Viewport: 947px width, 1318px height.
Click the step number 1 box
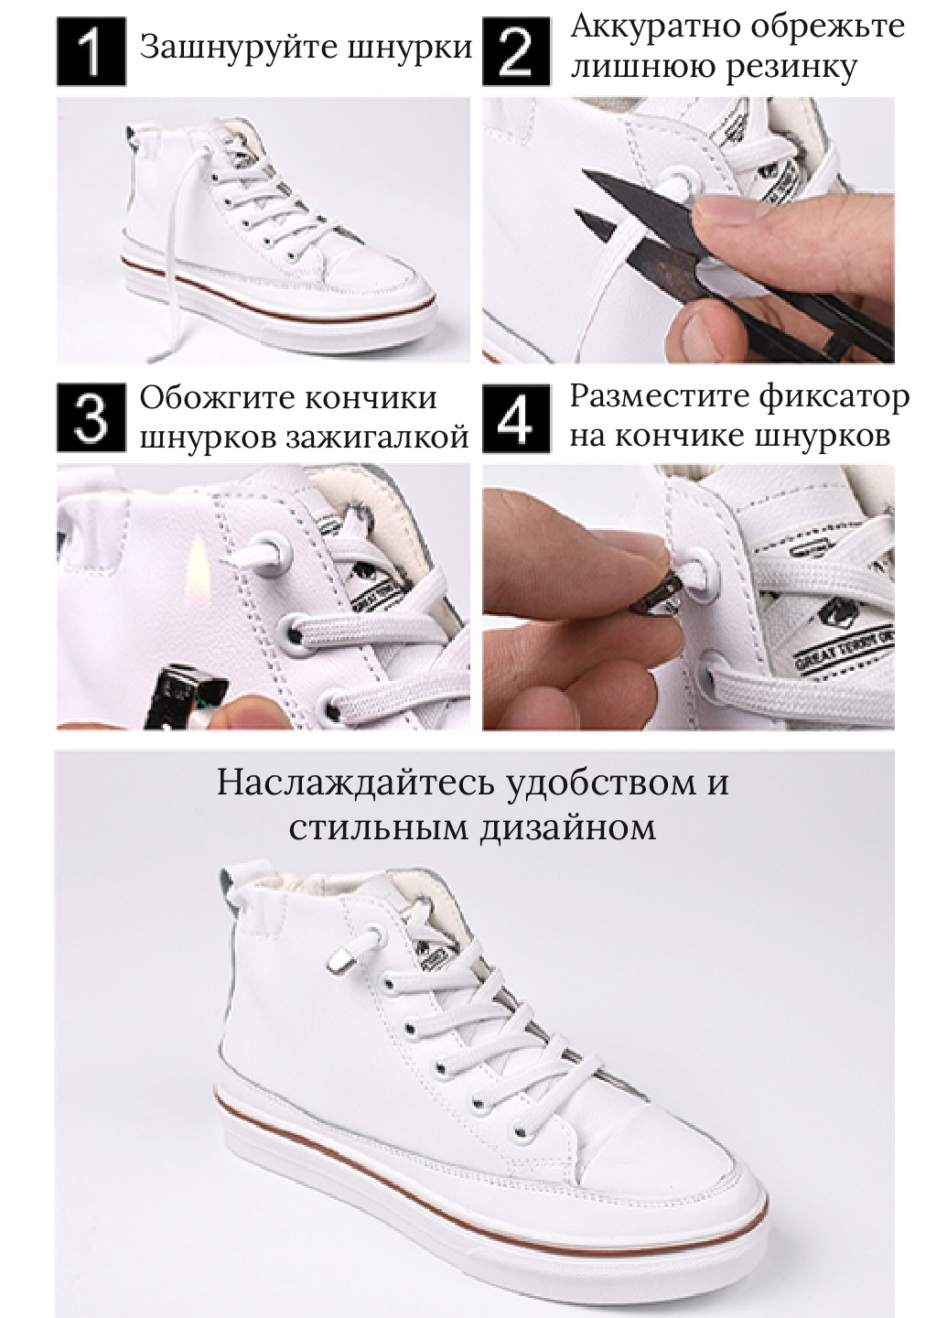(x=91, y=52)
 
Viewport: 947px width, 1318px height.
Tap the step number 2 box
(x=516, y=52)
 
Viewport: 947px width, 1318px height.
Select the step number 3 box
(x=91, y=417)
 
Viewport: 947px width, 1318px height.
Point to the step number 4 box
(x=516, y=417)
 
